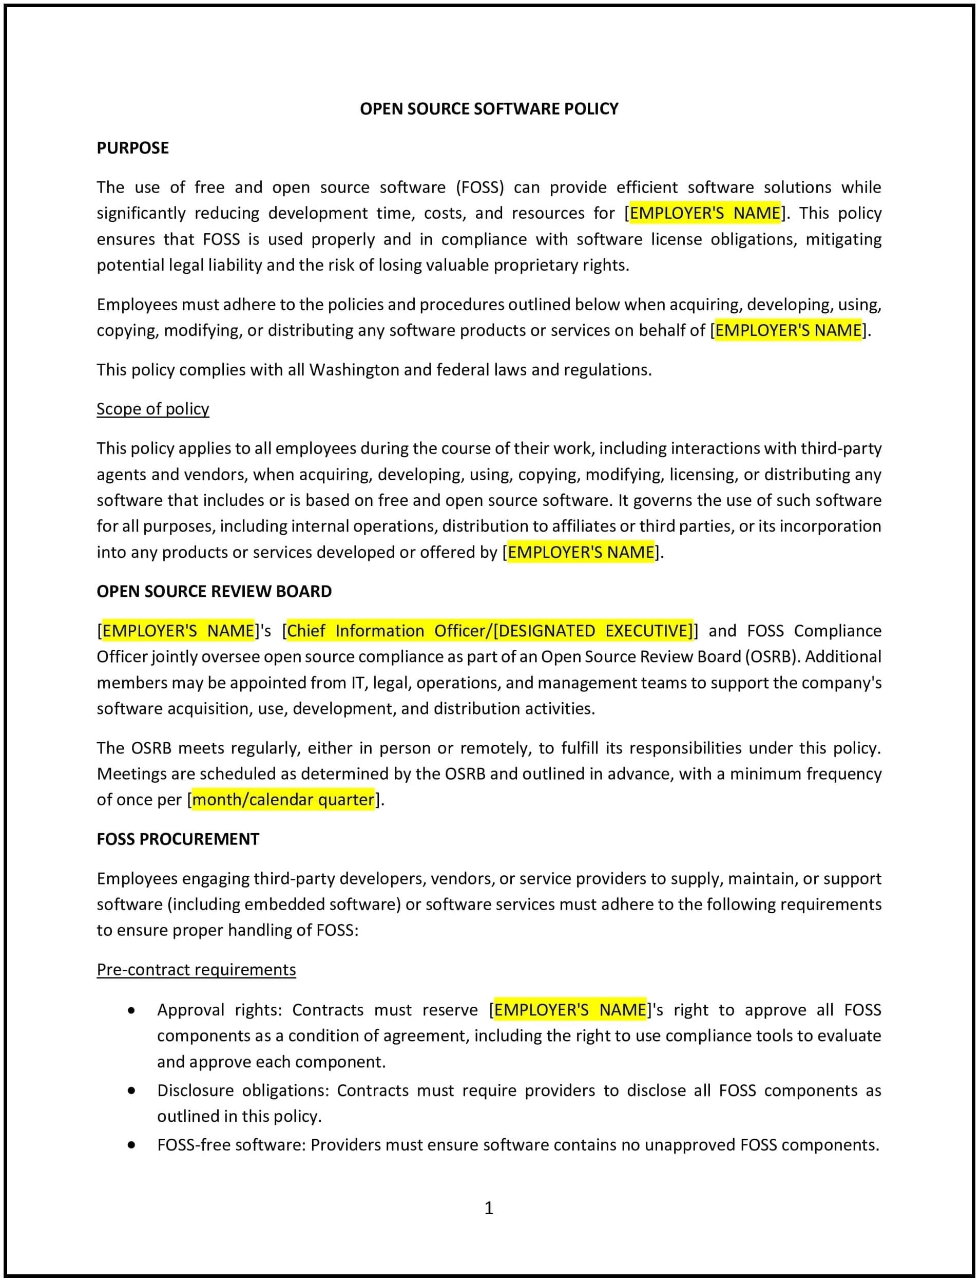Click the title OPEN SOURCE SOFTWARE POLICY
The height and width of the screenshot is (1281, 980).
489,108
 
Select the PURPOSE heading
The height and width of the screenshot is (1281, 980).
132,147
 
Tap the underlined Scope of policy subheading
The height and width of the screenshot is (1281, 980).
152,408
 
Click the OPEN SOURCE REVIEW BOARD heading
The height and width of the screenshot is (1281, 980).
214,591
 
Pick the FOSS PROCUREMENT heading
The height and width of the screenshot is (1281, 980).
178,839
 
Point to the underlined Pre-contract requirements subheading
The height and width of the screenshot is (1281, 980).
196,969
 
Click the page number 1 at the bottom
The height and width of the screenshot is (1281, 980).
489,1208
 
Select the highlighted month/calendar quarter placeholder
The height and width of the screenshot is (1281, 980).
283,800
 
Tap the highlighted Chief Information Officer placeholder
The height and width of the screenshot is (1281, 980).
490,631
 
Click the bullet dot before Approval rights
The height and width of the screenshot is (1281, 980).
132,1011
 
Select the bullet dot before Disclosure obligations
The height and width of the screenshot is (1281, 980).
132,1090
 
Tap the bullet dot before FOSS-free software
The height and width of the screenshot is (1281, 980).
132,1145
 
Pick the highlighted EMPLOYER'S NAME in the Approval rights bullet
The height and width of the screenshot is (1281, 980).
570,1010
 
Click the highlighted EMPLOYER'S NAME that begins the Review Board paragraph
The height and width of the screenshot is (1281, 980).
178,631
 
